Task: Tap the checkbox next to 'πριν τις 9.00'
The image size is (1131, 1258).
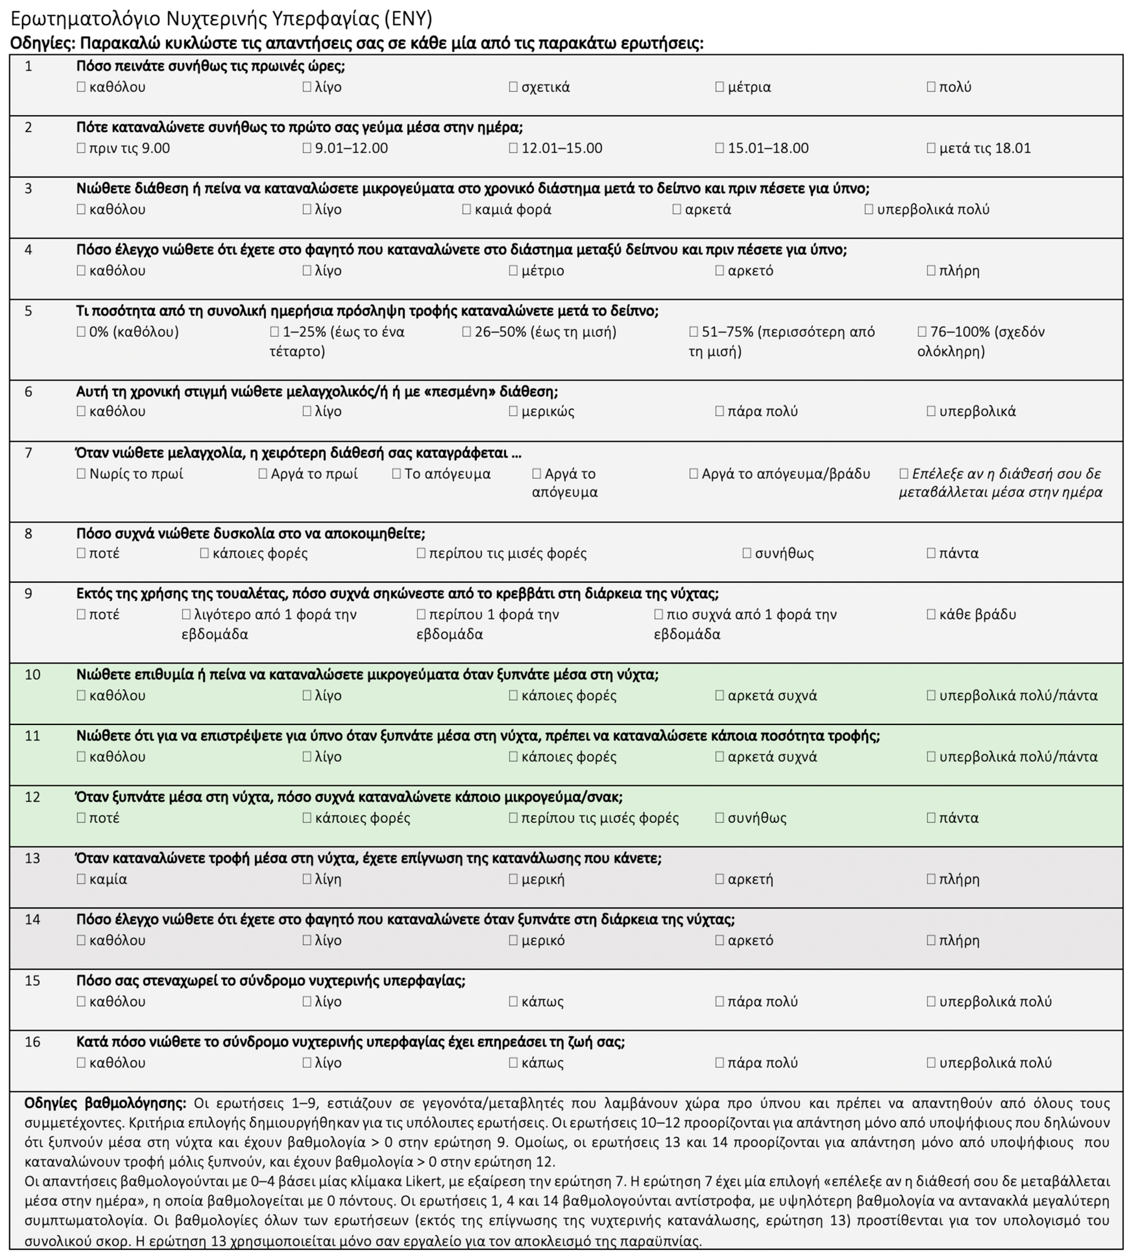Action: (x=81, y=148)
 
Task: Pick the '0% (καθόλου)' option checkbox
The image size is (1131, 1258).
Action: (x=81, y=331)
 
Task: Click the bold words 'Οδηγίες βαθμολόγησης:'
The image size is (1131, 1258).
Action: (x=105, y=1103)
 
